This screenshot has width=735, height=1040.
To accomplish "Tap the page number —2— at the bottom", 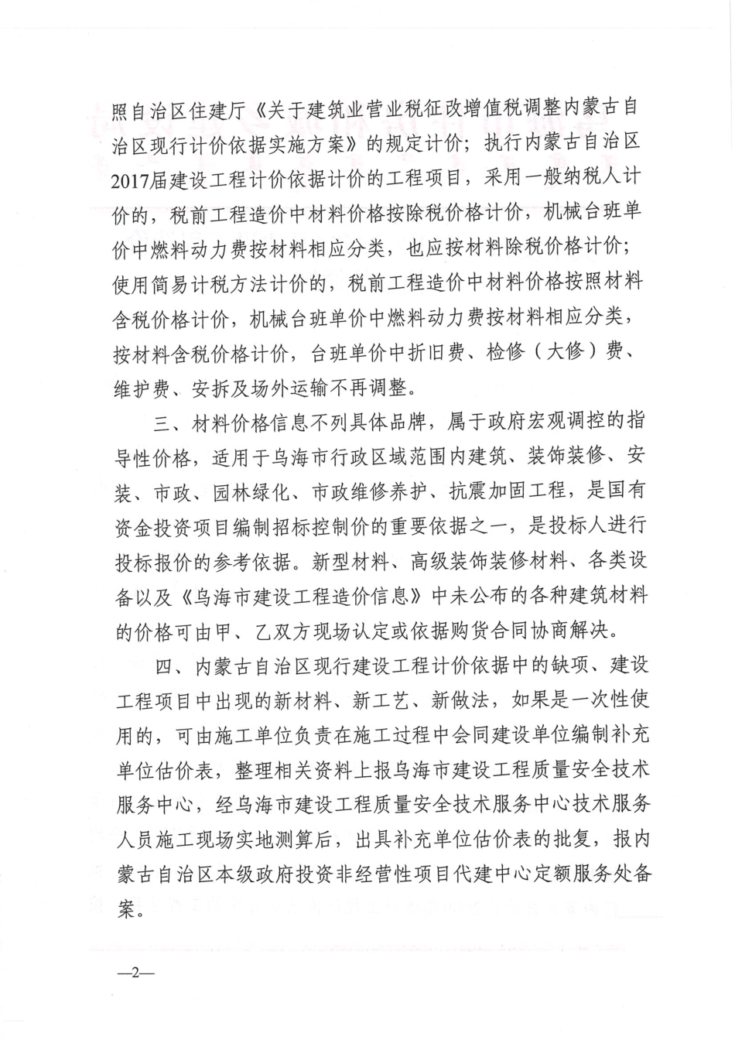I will click(x=135, y=972).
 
